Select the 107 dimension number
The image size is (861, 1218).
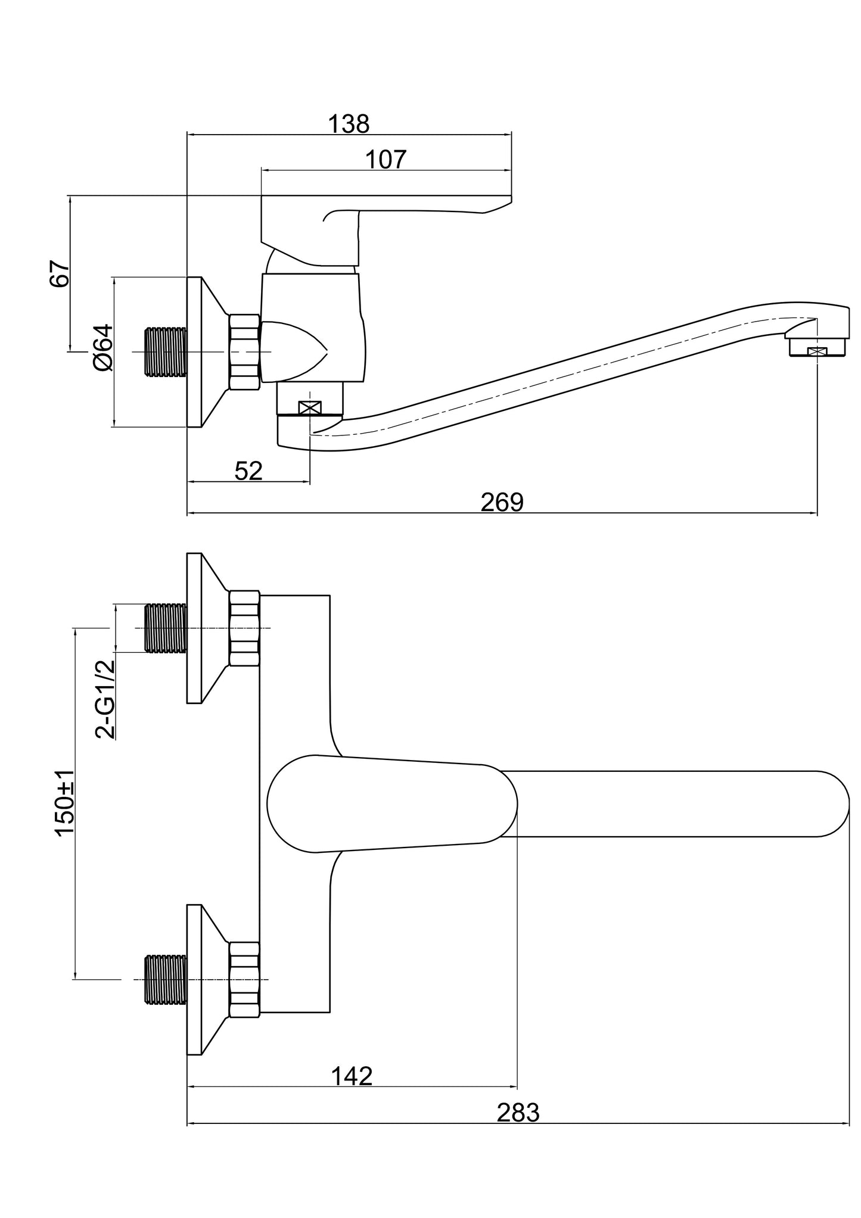pos(386,160)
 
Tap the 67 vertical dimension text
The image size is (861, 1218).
pos(60,273)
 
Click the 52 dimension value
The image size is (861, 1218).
pos(248,471)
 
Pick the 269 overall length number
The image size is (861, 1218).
pos(502,503)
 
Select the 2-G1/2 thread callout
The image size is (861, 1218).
pos(105,699)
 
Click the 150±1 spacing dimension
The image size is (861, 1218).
pos(65,803)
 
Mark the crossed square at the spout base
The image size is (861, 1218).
pos(309,408)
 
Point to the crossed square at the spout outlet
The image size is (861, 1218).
pos(817,352)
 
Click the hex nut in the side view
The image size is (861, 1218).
pos(244,352)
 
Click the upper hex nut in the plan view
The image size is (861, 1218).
pos(244,628)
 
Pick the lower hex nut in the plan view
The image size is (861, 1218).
pos(244,979)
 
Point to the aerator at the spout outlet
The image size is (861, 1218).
pos(817,347)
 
